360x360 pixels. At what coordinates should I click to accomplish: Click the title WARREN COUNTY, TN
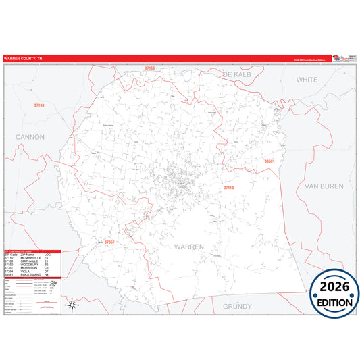tap(22, 59)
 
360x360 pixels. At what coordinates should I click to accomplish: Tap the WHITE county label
tap(307, 80)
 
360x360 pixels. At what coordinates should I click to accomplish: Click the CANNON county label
tap(30, 137)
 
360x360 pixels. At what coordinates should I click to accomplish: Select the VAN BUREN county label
tap(324, 186)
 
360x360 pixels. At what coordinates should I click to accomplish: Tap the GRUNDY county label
tap(237, 306)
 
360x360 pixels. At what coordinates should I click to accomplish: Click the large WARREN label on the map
tap(189, 247)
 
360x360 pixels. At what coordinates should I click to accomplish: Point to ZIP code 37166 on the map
tap(149, 68)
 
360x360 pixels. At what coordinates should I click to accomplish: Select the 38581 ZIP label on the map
tap(270, 162)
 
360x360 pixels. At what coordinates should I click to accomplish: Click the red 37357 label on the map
tap(109, 242)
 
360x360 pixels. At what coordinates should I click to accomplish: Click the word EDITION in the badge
tap(330, 302)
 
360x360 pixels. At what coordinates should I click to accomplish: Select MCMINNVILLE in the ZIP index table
tap(34, 258)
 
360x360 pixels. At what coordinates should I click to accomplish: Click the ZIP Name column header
tap(28, 254)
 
